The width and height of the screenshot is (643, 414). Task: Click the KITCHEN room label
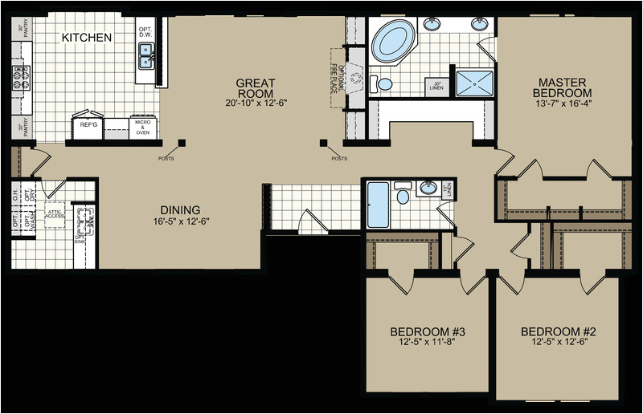(87, 38)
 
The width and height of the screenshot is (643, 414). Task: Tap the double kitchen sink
(147, 56)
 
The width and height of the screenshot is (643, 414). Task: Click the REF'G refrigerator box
(88, 125)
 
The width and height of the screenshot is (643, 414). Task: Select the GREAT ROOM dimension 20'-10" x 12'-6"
(256, 103)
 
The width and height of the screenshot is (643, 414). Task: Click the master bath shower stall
(473, 83)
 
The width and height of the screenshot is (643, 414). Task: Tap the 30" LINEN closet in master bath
(438, 86)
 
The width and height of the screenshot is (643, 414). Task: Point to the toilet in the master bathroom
(385, 83)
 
